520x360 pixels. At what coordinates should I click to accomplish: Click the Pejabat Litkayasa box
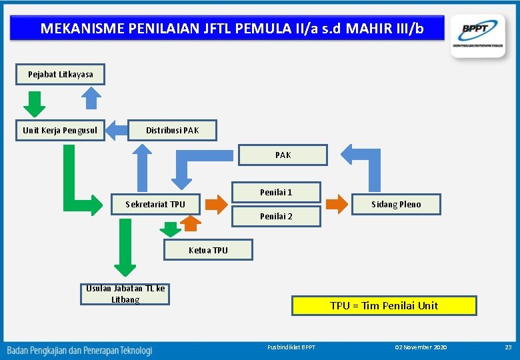60,75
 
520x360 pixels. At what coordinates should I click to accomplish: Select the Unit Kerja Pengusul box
60,130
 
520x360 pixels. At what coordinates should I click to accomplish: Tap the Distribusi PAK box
172,130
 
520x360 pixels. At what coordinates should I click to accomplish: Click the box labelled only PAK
283,155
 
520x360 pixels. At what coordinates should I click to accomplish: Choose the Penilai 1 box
276,192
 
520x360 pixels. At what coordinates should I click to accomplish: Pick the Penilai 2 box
276,216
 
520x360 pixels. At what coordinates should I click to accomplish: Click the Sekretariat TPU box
155,204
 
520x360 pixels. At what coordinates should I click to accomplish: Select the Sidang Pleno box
396,204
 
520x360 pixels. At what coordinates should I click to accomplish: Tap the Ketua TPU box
208,250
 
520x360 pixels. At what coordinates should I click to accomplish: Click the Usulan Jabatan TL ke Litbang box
125,294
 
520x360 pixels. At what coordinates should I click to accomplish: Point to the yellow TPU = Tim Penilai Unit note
384,305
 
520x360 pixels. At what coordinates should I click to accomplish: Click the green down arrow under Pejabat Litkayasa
35,103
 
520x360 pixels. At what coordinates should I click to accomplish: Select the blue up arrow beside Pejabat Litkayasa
91,98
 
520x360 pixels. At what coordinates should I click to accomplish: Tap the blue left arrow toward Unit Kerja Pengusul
117,129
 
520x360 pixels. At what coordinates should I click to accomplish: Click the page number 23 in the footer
508,347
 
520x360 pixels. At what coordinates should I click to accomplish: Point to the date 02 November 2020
421,347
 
